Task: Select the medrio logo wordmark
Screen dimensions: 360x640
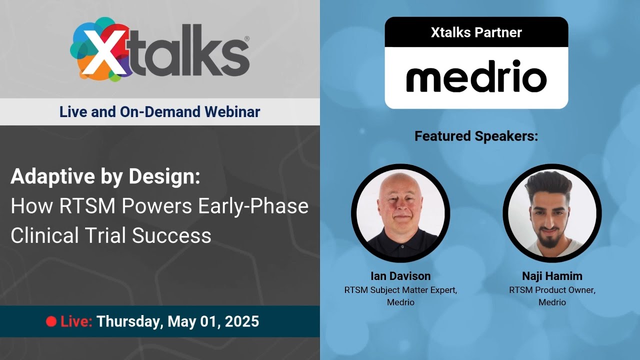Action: tap(476, 77)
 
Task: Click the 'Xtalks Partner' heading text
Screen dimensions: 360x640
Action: tap(476, 32)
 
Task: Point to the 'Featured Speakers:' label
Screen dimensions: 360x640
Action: tap(476, 136)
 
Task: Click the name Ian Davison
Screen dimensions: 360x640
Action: tap(400, 276)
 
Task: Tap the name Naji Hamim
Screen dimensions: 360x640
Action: tap(552, 276)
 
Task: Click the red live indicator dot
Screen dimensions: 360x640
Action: tap(51, 321)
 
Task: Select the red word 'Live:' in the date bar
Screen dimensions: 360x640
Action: tap(76, 321)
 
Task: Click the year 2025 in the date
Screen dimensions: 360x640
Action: tap(242, 321)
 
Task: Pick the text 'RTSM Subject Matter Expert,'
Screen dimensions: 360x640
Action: tap(400, 290)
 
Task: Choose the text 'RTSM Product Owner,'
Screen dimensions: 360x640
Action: tap(552, 290)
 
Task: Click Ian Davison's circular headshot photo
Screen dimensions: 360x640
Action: tap(400, 213)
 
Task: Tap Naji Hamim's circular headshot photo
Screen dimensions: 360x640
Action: tap(552, 213)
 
